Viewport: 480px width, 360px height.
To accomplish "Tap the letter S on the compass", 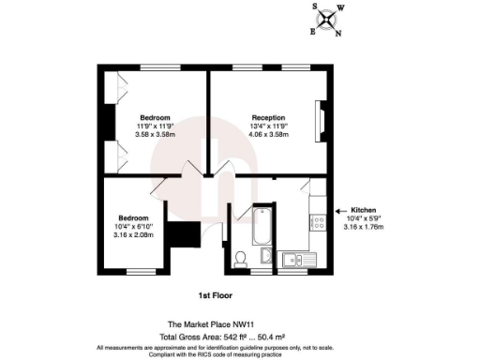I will [x=315, y=5].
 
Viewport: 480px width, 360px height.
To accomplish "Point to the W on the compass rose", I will [x=340, y=7].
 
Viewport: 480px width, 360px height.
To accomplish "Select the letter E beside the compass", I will [x=313, y=31].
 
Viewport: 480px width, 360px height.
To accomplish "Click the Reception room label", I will [x=267, y=117].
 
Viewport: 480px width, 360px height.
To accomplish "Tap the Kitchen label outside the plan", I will [x=363, y=208].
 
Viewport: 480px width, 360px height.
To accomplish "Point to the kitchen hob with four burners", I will [x=317, y=224].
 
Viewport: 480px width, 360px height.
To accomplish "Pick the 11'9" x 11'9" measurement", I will [x=155, y=126].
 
